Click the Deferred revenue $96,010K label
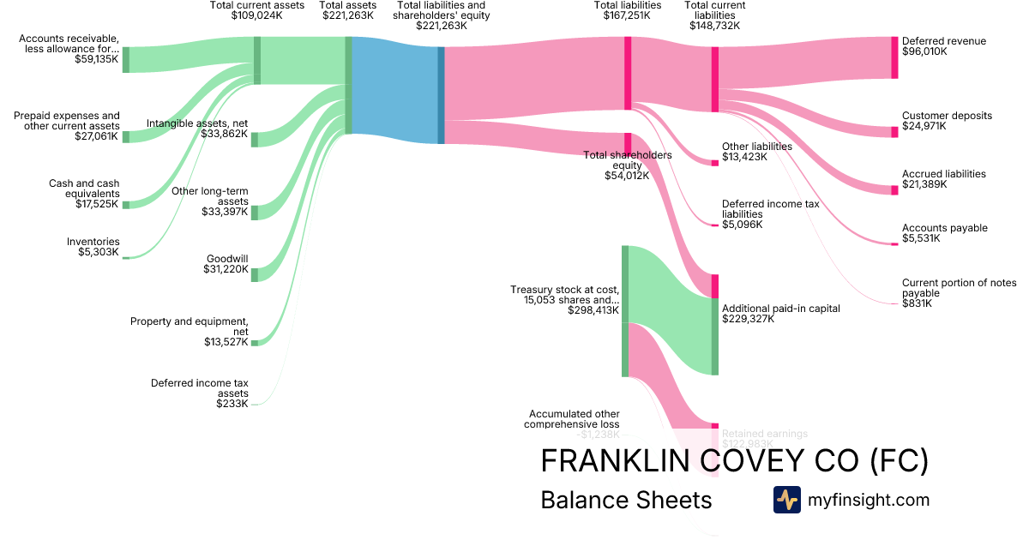point(943,46)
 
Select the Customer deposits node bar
point(894,131)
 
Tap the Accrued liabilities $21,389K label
point(943,179)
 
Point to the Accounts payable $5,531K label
point(944,233)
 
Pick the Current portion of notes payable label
point(959,293)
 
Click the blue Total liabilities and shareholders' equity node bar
point(442,94)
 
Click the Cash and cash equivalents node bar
point(125,205)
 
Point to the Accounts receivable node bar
point(125,59)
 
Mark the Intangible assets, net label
point(197,129)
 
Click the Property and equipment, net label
point(190,332)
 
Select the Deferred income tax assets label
point(199,393)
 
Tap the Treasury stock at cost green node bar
point(625,310)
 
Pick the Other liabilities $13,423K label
point(756,152)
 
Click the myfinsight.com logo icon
point(786,500)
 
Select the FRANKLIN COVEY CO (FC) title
point(734,461)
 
